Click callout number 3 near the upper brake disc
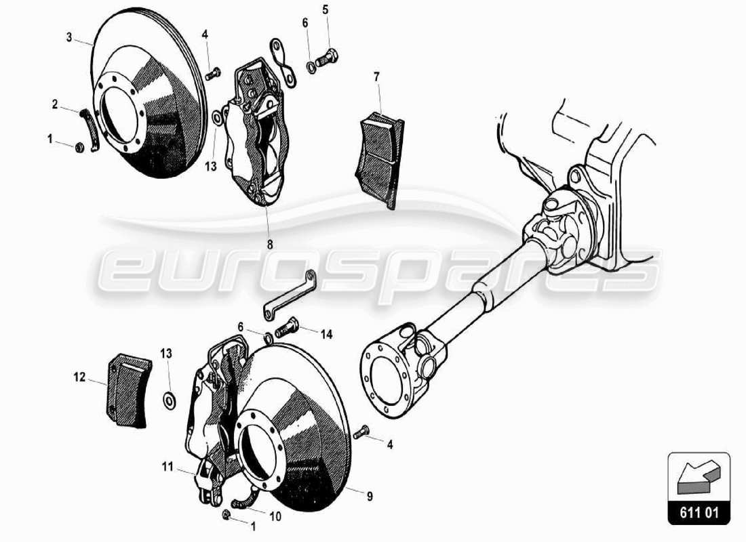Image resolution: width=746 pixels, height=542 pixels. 69,37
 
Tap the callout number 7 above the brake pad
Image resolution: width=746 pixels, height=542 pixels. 377,77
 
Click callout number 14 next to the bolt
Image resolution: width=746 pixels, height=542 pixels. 327,333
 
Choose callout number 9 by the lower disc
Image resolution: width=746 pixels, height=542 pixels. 370,497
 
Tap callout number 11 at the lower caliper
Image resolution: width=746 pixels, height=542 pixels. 168,466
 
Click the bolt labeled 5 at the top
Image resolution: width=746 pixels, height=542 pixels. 328,59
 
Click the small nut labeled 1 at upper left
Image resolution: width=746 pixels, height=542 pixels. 78,147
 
